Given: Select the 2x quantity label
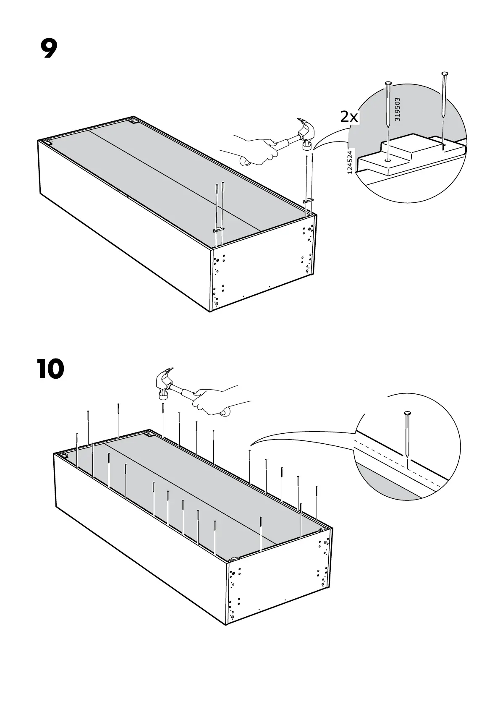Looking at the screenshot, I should (349, 117).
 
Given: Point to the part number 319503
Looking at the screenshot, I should (398, 109).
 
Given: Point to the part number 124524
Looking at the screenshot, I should (350, 162).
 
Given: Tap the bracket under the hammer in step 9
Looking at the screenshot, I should (309, 201).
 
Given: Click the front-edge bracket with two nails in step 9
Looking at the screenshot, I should (219, 230).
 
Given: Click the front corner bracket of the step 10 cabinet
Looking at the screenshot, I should (232, 559).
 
